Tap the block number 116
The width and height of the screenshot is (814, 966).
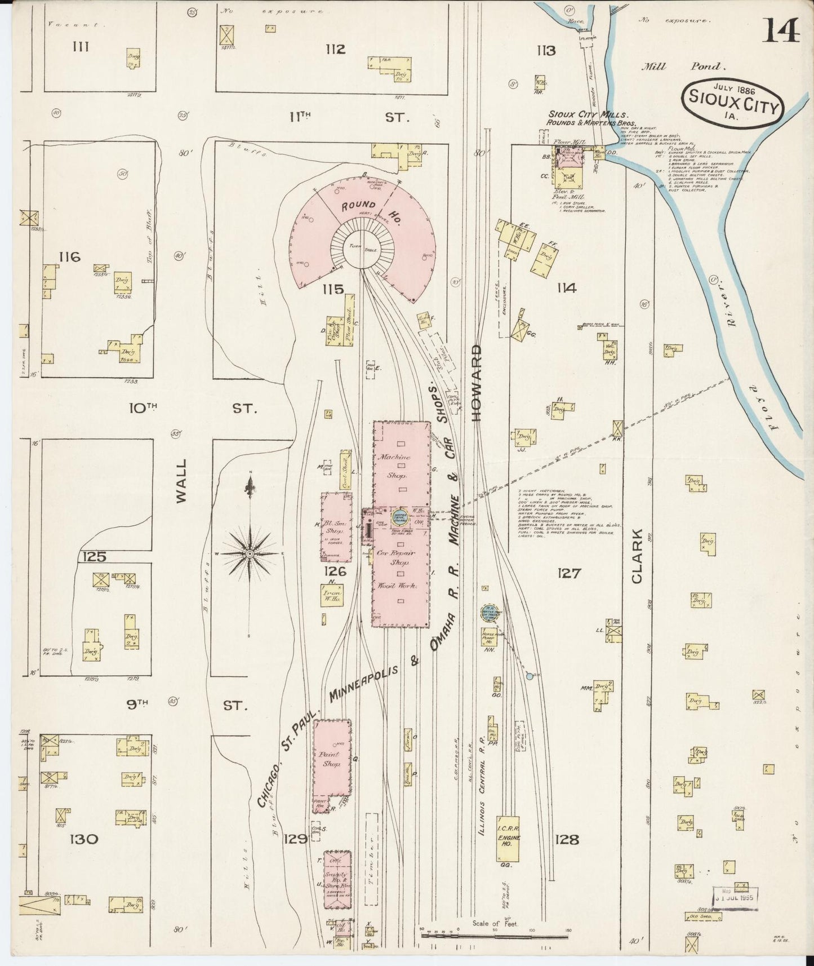(70, 257)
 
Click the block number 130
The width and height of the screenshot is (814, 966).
(84, 839)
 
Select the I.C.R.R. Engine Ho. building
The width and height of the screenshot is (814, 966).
(508, 838)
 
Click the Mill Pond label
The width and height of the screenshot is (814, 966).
(683, 67)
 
